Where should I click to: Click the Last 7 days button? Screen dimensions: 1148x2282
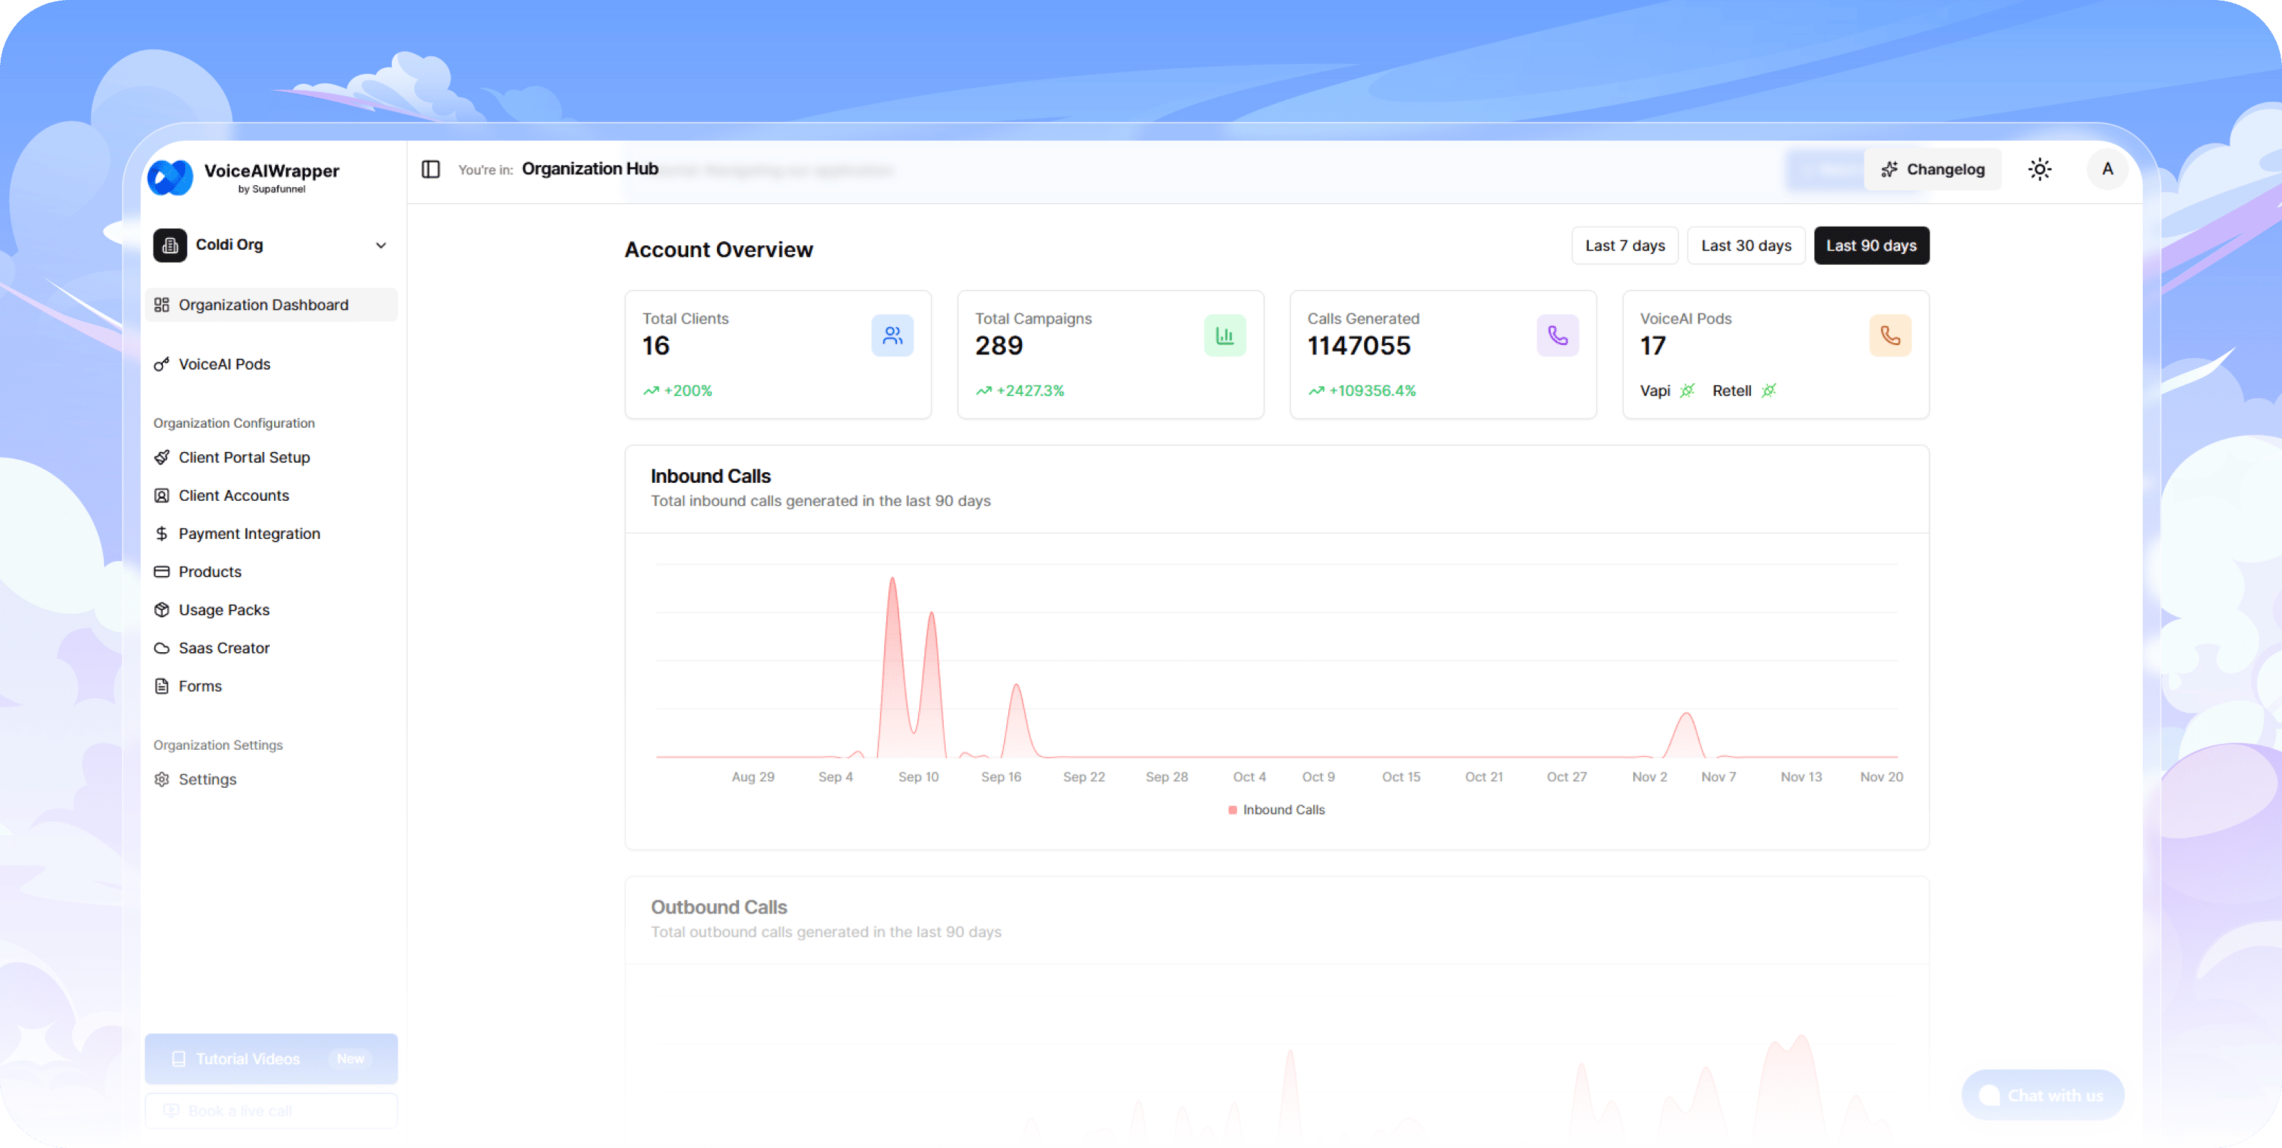1625,245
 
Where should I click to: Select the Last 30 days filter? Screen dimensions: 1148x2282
1745,245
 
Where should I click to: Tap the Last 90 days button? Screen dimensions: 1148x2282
1871,245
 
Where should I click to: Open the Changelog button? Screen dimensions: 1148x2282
1933,169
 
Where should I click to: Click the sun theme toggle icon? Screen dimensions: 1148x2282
2039,169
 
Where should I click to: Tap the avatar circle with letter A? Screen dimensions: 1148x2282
2108,169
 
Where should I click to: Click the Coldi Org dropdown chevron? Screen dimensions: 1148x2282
381,245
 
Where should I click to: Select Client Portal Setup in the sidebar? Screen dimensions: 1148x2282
243,457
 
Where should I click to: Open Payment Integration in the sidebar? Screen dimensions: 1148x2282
249,533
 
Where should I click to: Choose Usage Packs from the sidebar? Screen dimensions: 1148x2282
223,609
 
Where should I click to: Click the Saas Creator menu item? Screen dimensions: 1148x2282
223,647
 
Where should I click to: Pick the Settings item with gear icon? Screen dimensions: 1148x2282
207,779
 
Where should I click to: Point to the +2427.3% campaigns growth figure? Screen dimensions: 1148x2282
1029,390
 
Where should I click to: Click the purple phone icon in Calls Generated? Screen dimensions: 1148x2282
1557,336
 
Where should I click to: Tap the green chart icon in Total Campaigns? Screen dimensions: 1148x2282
1224,336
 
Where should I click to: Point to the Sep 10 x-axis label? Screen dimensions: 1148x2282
918,777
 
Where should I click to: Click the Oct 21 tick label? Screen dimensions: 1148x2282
1483,777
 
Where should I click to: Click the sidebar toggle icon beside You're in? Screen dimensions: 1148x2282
431,169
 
